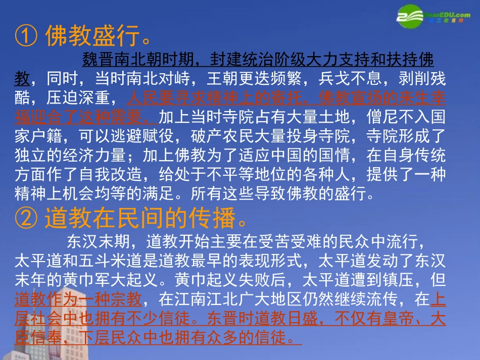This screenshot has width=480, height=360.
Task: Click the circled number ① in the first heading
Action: point(26,36)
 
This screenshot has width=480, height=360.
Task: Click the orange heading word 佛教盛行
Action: point(91,36)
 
